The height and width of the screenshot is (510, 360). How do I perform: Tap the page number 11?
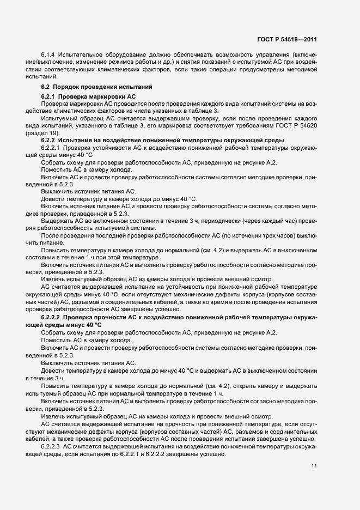(x=314, y=465)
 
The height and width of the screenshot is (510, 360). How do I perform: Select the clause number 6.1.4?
(x=49, y=56)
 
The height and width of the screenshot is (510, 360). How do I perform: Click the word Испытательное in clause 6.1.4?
(x=83, y=56)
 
